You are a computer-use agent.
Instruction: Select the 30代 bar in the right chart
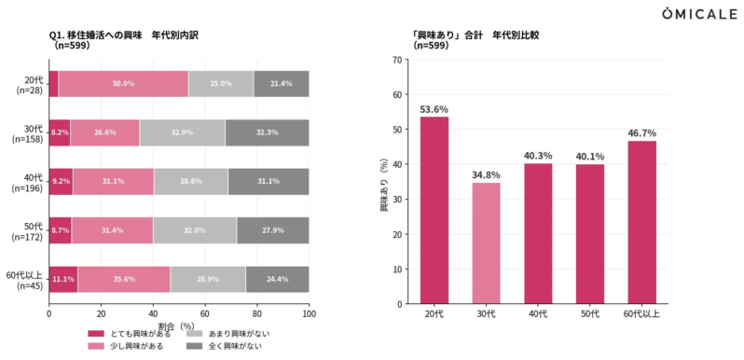(x=486, y=242)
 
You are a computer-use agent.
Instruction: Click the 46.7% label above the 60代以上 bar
(x=641, y=132)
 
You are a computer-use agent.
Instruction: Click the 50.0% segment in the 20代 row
(x=123, y=84)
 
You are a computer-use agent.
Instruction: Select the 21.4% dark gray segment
(x=281, y=84)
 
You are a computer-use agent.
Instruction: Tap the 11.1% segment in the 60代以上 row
(x=62, y=279)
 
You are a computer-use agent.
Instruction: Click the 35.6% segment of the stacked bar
(x=123, y=279)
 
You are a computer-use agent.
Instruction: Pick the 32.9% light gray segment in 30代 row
(x=182, y=132)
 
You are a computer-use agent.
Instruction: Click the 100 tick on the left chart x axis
(x=309, y=314)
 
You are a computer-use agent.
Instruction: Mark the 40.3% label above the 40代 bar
(x=538, y=154)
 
